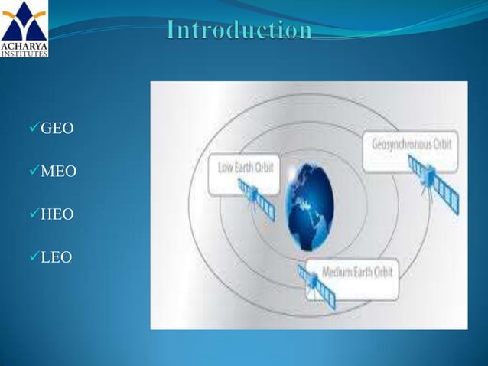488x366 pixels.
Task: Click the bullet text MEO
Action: coord(57,172)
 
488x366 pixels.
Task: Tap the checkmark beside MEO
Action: coord(34,172)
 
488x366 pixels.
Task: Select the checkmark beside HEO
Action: coord(34,214)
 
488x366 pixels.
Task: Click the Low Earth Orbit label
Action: coord(242,167)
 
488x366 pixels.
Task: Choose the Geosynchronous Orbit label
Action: coord(412,144)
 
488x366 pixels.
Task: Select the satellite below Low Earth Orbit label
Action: coord(255,198)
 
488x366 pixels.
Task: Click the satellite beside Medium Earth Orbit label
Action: coord(311,283)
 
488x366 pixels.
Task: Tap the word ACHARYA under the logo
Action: coord(24,46)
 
